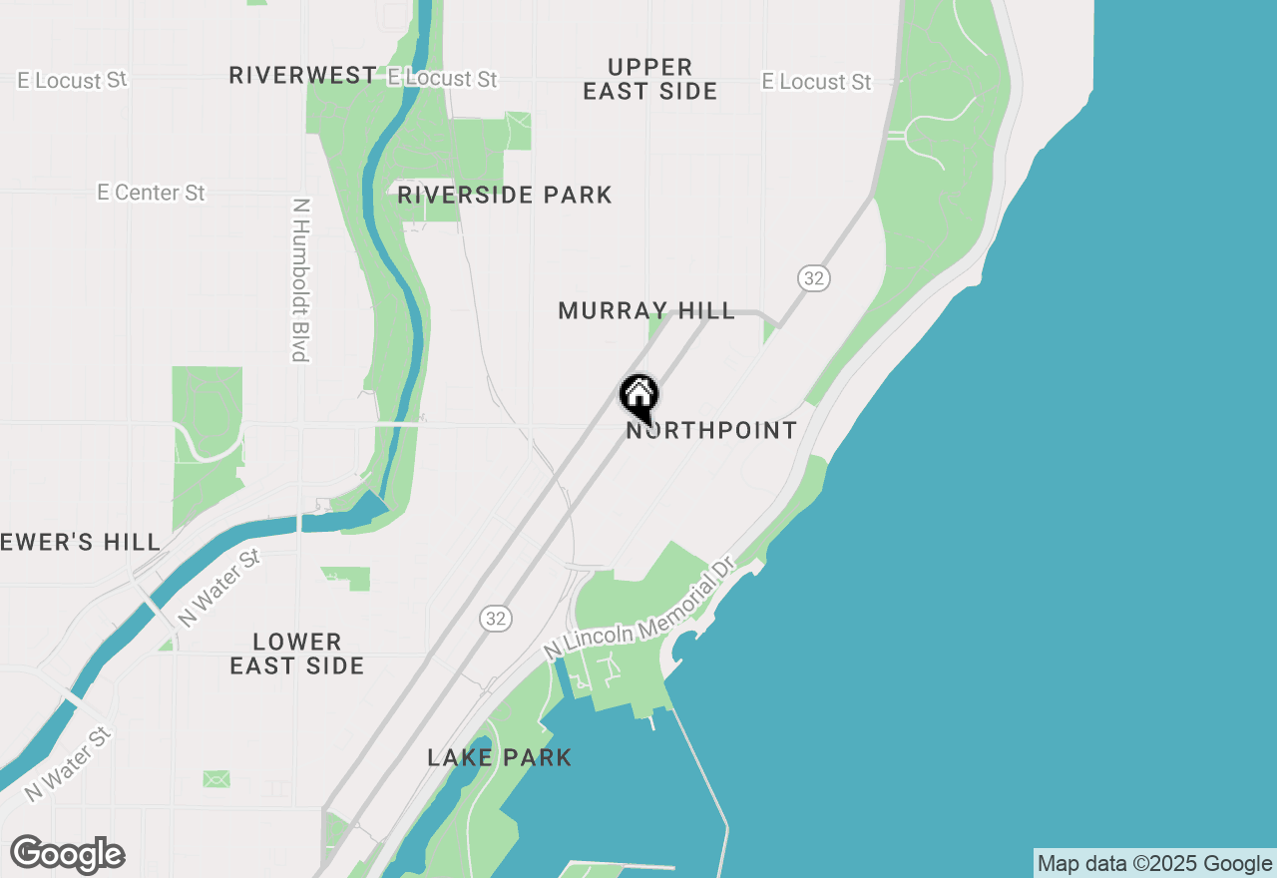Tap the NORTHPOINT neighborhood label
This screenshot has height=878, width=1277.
(x=711, y=431)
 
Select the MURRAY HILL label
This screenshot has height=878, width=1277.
(x=646, y=311)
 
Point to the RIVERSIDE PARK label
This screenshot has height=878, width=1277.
(x=505, y=195)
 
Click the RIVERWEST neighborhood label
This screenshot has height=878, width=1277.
(x=303, y=76)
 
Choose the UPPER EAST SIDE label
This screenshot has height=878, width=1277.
(x=650, y=80)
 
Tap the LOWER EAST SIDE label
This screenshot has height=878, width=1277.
(x=297, y=654)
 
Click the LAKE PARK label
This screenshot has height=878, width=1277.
(x=500, y=757)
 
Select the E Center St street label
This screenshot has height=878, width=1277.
(x=151, y=193)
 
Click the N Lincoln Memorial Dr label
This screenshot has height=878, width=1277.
(x=639, y=608)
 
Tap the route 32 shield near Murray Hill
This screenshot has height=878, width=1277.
(x=814, y=278)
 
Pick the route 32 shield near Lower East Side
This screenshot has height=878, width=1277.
(x=495, y=619)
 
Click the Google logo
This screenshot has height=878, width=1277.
(x=68, y=855)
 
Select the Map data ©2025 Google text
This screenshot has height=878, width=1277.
(x=1154, y=864)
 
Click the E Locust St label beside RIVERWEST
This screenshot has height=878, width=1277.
(x=442, y=78)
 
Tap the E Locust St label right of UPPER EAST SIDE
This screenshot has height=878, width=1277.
(x=816, y=82)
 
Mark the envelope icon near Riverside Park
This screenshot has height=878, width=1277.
(x=518, y=122)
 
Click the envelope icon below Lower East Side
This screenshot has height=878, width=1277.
(x=216, y=778)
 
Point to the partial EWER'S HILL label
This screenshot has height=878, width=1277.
(x=80, y=542)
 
